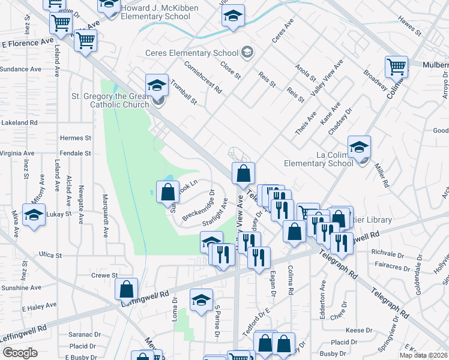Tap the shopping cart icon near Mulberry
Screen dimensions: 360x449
click(397, 67)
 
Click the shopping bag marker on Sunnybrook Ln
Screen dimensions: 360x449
click(167, 193)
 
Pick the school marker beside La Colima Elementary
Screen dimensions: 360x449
click(359, 147)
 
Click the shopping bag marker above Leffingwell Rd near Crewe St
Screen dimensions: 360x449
click(127, 289)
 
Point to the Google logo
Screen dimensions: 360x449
click(19, 353)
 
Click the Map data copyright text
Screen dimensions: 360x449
click(423, 355)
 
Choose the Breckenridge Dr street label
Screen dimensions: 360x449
click(197, 206)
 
